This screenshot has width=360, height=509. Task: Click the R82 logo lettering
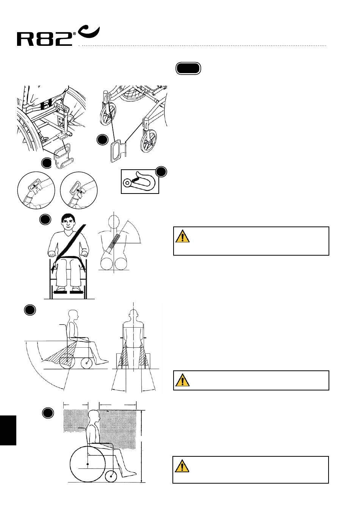(45, 39)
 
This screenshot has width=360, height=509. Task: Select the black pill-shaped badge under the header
(188, 69)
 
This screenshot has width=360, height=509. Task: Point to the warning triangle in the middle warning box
(182, 380)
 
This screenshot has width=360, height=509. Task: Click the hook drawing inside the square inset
(139, 181)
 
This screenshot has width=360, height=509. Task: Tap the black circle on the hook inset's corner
(161, 172)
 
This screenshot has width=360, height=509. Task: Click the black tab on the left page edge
(8, 430)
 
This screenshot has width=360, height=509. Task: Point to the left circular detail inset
(36, 190)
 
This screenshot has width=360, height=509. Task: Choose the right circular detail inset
(79, 190)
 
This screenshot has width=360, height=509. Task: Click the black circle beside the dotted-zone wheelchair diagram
(48, 413)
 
